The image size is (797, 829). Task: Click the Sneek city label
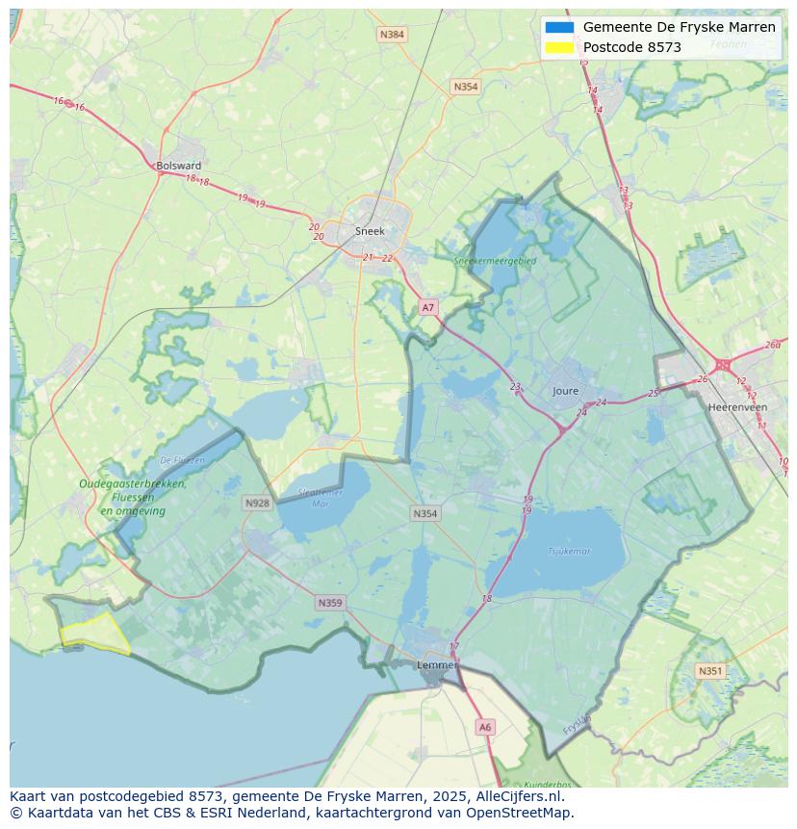pyautogui.click(x=370, y=231)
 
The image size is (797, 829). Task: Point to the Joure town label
pyautogui.click(x=566, y=391)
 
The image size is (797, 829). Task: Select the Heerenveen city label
pyautogui.click(x=737, y=407)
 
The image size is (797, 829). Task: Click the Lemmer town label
pyautogui.click(x=436, y=665)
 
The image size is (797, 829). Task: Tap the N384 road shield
pyautogui.click(x=392, y=35)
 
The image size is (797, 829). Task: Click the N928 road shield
pyautogui.click(x=257, y=503)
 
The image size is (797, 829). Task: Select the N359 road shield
pyautogui.click(x=329, y=603)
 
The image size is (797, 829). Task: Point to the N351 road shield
pyautogui.click(x=710, y=671)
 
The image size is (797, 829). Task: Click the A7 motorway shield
pyautogui.click(x=428, y=308)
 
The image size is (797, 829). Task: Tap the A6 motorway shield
pyautogui.click(x=485, y=728)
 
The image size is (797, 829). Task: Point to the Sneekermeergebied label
pyautogui.click(x=496, y=260)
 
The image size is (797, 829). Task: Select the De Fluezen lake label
pyautogui.click(x=183, y=460)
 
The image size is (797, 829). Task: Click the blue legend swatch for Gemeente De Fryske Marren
pyautogui.click(x=559, y=27)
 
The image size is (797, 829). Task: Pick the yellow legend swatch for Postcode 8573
pyautogui.click(x=559, y=47)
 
